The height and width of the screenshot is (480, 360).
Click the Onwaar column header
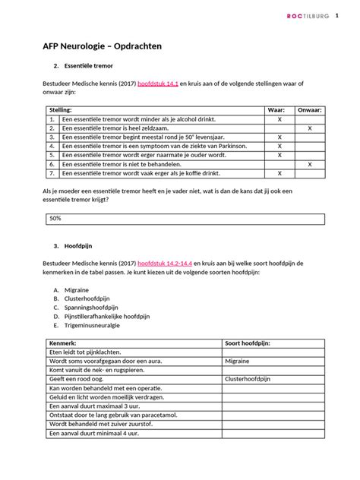pyautogui.click(x=309, y=110)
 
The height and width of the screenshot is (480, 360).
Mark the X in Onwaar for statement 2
pyautogui.click(x=309, y=128)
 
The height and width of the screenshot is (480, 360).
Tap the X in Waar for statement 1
pyautogui.click(x=279, y=119)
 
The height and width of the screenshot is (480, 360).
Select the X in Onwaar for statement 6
pyautogui.click(x=309, y=164)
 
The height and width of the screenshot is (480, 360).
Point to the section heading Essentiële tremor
pyautogui.click(x=84, y=65)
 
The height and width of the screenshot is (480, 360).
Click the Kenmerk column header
pyautogui.click(x=65, y=344)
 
